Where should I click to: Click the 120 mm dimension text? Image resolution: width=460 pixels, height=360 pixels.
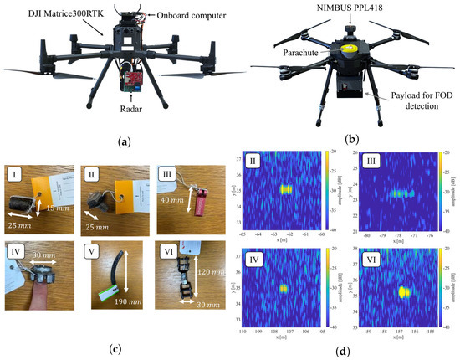coord(206,250)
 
